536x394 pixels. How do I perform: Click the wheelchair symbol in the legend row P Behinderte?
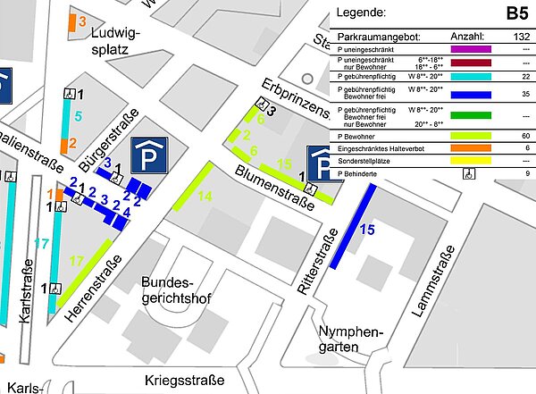(x=468, y=174)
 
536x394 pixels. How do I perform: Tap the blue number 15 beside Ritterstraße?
(x=366, y=230)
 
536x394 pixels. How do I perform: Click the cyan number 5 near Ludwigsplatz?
(x=78, y=116)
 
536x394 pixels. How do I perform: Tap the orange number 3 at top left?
(x=82, y=21)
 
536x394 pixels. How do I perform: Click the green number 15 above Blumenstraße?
(x=284, y=163)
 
